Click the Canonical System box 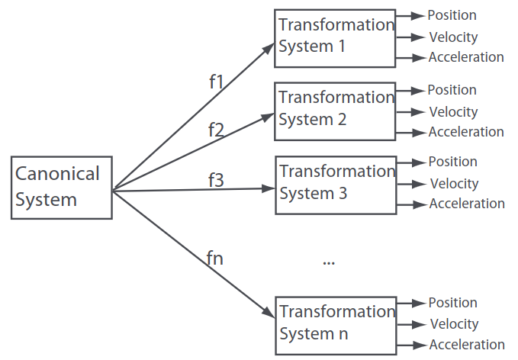61,188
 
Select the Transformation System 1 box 334,35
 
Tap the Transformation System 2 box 334,109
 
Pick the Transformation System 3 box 334,182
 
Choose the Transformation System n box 335,323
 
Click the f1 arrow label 217,82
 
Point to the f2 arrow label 216,129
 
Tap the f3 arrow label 217,180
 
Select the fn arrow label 214,257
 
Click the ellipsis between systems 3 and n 329,262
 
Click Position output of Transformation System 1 452,15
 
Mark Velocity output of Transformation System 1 453,37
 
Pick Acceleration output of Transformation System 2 466,132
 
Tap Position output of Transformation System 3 452,162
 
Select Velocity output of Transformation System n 454,325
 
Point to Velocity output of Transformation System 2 453,112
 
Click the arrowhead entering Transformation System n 269,313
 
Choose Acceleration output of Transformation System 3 467,204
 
